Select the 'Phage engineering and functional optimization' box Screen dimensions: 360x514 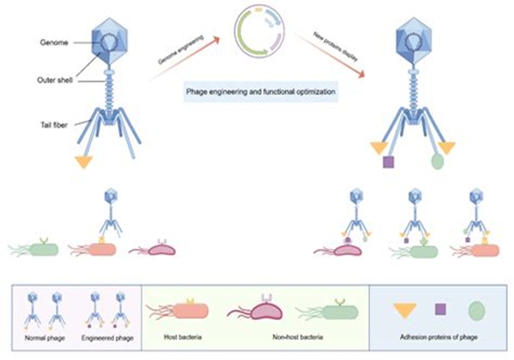pyautogui.click(x=260, y=94)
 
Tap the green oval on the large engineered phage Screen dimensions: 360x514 pyautogui.click(x=437, y=161)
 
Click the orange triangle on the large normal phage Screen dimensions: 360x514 pyautogui.click(x=84, y=161)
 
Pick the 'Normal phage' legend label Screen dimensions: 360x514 pyautogui.click(x=41, y=338)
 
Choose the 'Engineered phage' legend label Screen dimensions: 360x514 pyautogui.click(x=107, y=338)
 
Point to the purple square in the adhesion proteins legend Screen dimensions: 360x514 pyautogui.click(x=440, y=309)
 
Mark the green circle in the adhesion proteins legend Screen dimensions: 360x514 pyautogui.click(x=476, y=310)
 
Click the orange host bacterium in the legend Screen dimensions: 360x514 pyautogui.click(x=190, y=310)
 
